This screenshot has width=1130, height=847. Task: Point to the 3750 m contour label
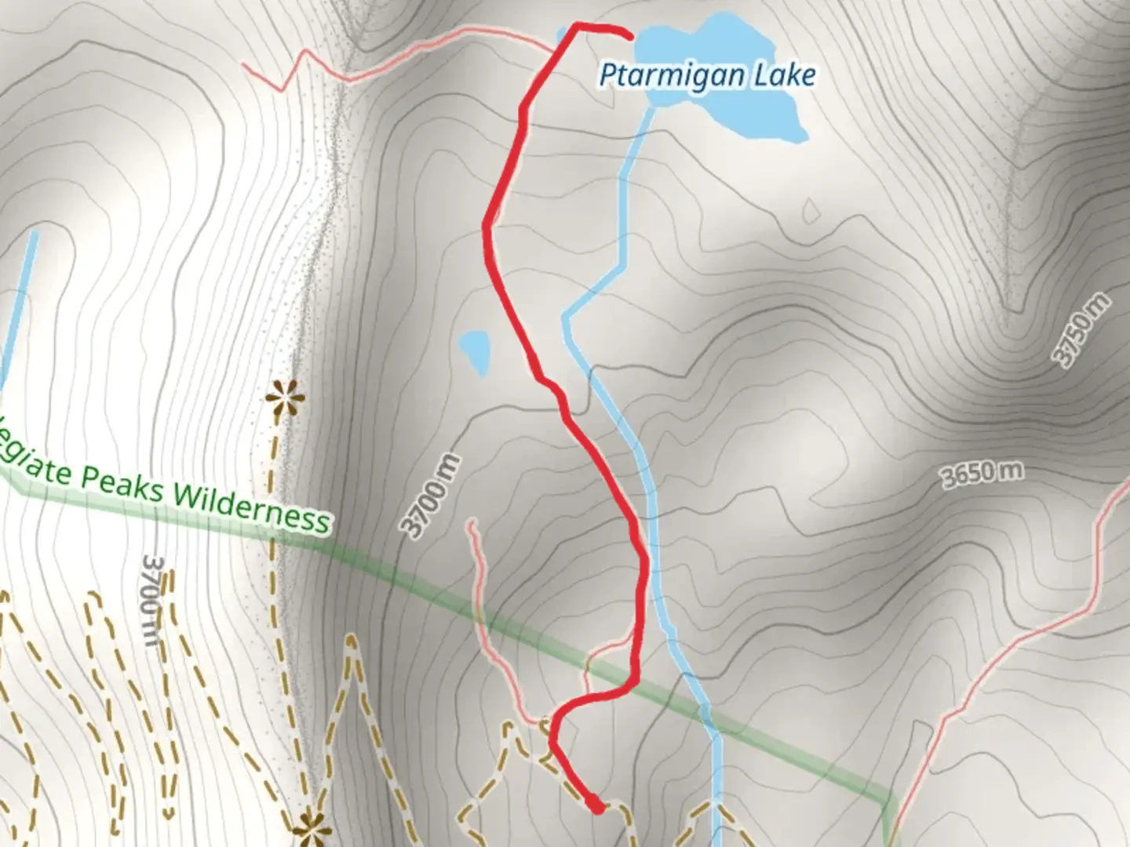[x=1082, y=330]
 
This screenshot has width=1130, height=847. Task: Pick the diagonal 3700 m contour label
[x=430, y=496]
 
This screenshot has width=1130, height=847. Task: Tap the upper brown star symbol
[x=282, y=398]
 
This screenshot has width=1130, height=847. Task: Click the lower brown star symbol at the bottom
[x=308, y=827]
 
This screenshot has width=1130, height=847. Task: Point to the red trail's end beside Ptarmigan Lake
[x=629, y=35]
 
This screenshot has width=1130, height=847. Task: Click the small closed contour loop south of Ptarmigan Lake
[x=810, y=211]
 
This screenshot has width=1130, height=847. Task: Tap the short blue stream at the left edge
[x=19, y=306]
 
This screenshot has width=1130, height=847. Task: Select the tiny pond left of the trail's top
[x=562, y=35]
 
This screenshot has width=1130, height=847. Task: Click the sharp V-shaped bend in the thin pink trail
[x=281, y=90]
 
